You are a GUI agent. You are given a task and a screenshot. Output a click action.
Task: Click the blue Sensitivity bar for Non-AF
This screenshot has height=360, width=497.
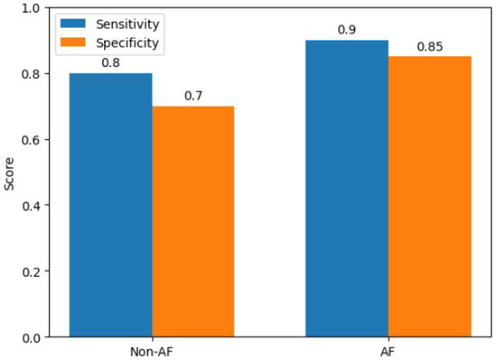(111, 205)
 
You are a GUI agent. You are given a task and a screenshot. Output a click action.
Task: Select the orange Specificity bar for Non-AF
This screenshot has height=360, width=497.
(193, 222)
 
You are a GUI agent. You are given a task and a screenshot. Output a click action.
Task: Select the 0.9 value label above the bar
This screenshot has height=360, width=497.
(347, 31)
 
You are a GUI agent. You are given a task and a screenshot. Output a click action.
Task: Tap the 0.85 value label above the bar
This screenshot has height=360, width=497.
(429, 47)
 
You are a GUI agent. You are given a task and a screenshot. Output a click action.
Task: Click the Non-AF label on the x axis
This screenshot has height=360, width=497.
(152, 349)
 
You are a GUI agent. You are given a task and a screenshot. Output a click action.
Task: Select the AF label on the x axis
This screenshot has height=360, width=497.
(388, 349)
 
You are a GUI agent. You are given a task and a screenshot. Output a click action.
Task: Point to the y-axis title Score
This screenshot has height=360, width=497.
(9, 172)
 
